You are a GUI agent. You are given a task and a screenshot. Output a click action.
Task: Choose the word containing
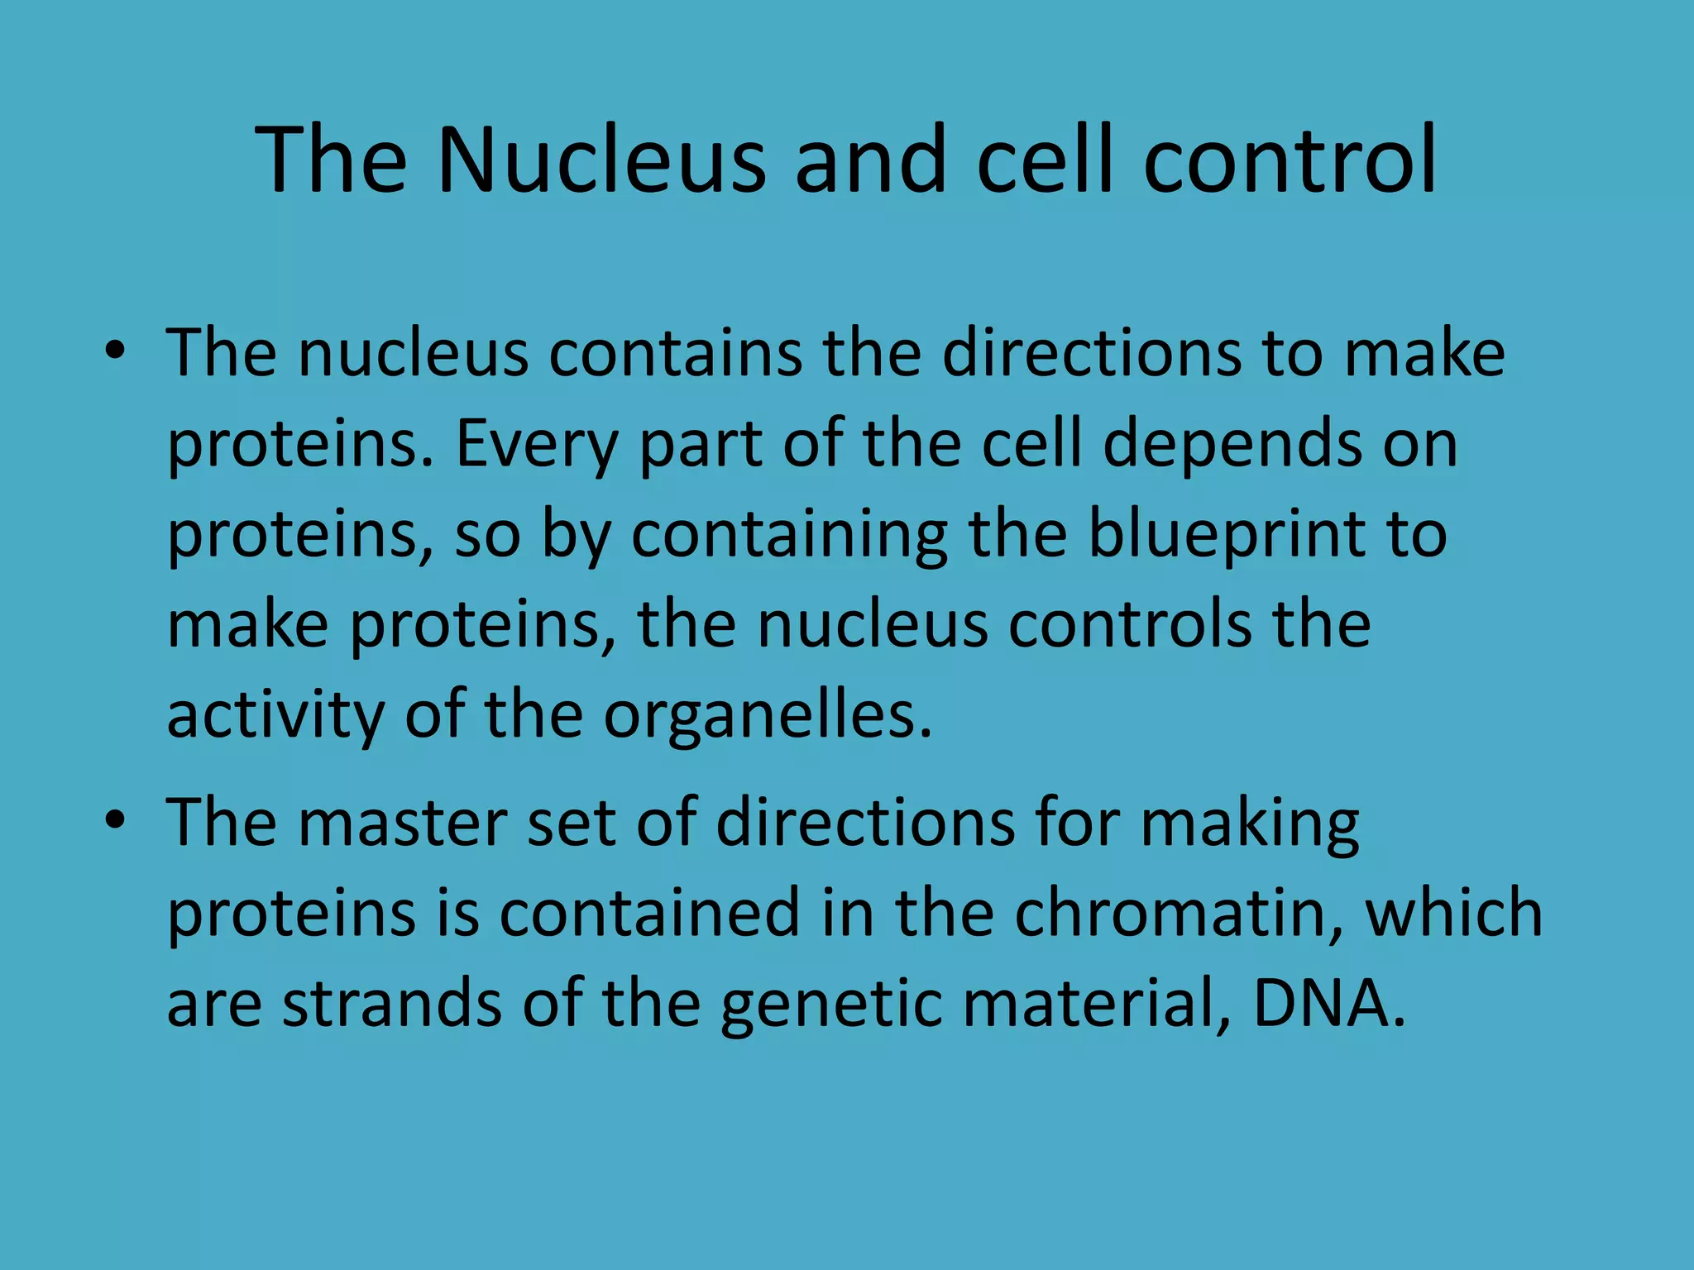[x=789, y=536]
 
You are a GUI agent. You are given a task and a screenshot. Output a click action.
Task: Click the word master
[x=402, y=823]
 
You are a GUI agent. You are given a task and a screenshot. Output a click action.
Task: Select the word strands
[x=392, y=1002]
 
